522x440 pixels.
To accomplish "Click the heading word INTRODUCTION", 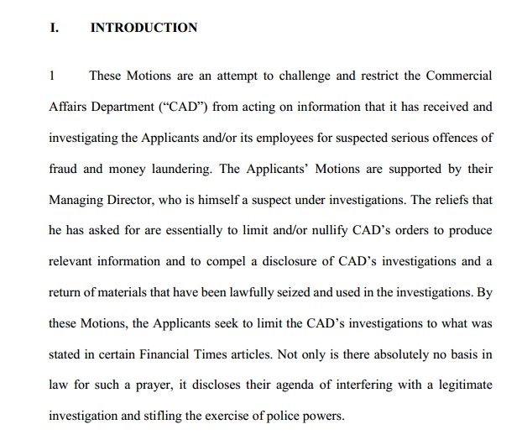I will (x=144, y=28).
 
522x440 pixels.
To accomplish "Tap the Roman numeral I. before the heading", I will (x=55, y=28).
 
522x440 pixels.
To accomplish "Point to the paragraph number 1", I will (x=52, y=76).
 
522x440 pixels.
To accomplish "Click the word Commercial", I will (x=459, y=76).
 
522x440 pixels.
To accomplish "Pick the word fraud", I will (x=64, y=168).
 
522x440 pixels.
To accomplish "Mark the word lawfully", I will (x=260, y=292).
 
